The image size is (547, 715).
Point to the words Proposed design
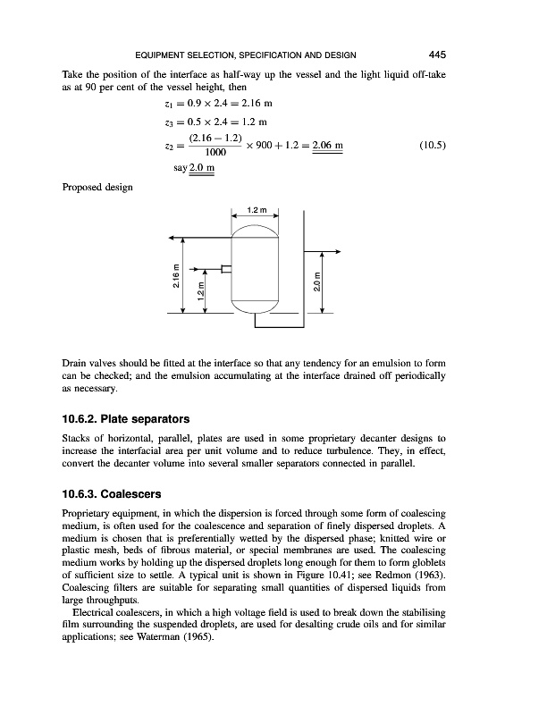pyautogui.click(x=97, y=187)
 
